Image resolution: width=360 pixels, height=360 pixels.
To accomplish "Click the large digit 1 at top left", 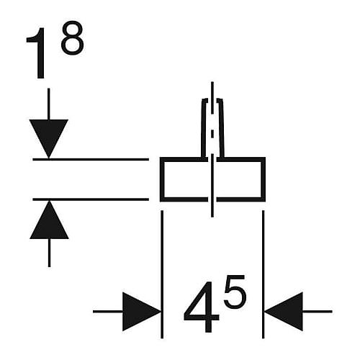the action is (x=37, y=53).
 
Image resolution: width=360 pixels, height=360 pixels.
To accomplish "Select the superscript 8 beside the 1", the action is (x=73, y=37).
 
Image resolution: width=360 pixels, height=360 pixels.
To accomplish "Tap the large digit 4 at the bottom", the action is (x=201, y=307).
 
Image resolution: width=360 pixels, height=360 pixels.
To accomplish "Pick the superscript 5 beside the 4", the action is (x=235, y=292).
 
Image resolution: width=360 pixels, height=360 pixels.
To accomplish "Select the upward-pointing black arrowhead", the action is (x=49, y=220).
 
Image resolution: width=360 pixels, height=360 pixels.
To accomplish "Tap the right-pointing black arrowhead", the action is (x=142, y=312).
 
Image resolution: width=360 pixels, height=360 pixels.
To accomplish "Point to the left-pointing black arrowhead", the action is (x=284, y=312).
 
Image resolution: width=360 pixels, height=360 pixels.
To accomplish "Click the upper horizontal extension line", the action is (x=91, y=159).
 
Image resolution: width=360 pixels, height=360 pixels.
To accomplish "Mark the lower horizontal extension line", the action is (x=91, y=199).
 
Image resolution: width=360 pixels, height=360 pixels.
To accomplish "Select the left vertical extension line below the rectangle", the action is (x=162, y=274).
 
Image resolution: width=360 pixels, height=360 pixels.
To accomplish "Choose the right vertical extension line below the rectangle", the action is (x=264, y=274).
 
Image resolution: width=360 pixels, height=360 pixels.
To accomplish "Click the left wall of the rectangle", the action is (x=162, y=179).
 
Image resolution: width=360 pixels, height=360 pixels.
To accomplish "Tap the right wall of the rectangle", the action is (x=264, y=179).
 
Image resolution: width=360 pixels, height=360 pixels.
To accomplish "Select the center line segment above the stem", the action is (x=212, y=90).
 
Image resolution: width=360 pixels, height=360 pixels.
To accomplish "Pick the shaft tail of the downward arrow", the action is (x=49, y=104).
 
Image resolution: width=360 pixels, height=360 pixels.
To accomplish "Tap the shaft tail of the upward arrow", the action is (x=49, y=253).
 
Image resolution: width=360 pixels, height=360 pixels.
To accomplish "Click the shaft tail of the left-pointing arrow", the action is (x=318, y=312).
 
